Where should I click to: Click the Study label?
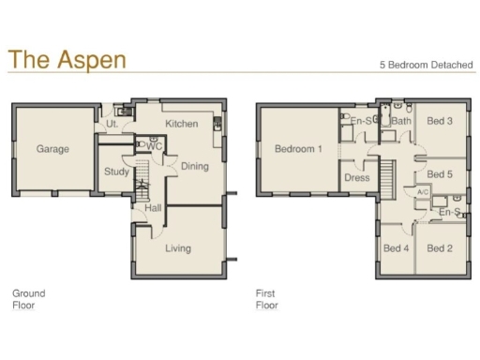117,172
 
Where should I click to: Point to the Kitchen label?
181,124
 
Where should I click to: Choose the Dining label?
194,166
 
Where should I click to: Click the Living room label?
178,248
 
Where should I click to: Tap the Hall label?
154,208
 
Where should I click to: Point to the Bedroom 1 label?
298,149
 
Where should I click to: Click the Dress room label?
357,177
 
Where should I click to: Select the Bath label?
401,121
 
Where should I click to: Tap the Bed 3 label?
440,121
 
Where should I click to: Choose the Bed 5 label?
440,174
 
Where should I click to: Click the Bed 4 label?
396,248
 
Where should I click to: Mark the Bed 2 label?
440,248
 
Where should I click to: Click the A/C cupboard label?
422,192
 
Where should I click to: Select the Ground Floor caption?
28,299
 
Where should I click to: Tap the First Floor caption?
267,299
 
